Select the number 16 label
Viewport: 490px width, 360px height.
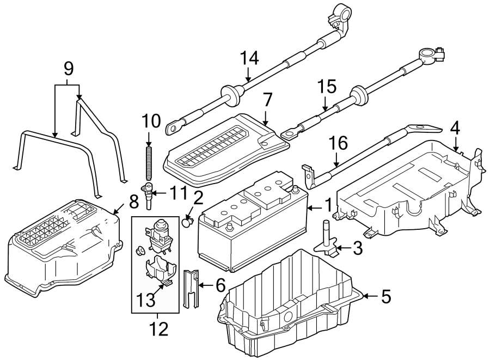(x=337, y=143)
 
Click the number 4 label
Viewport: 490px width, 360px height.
(x=455, y=129)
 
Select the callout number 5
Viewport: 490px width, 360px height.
(x=385, y=296)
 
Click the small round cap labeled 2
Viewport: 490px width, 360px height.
(x=188, y=221)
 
